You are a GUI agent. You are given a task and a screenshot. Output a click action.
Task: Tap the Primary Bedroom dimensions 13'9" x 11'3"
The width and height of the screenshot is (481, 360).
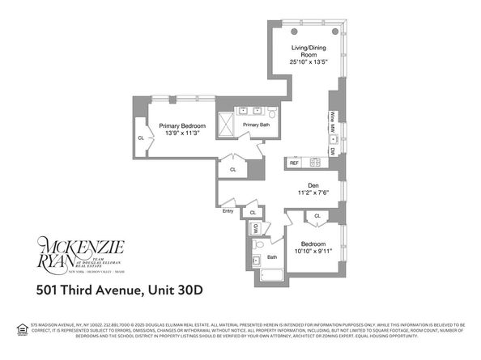point(181,134)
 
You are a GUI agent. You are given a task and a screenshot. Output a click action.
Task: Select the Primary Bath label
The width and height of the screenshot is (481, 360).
point(255,125)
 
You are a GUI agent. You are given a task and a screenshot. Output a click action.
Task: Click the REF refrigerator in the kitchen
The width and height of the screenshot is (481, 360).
point(295,163)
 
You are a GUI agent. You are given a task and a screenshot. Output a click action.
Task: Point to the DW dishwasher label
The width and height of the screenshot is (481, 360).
point(332,150)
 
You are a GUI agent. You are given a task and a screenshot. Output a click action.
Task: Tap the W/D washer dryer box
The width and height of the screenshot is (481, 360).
point(257,229)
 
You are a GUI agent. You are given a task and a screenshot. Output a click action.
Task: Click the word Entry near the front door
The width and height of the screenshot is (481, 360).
point(228,211)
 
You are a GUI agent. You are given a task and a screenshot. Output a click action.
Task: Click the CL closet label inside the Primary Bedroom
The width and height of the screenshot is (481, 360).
point(142,138)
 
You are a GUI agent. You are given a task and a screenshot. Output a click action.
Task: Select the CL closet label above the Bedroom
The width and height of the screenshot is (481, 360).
point(317,216)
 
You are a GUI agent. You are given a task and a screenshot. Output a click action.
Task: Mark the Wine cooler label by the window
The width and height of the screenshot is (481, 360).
point(332,121)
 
